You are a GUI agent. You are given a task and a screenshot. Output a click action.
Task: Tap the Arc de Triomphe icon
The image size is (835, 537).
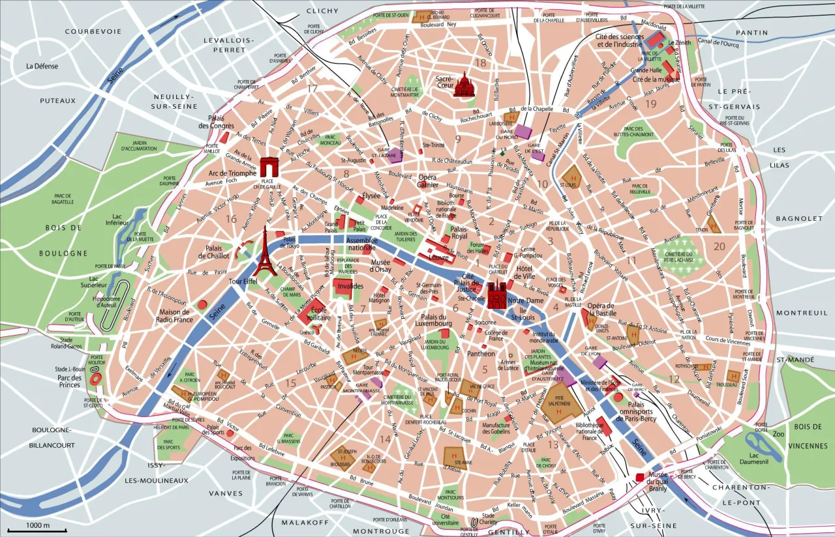click(269, 167)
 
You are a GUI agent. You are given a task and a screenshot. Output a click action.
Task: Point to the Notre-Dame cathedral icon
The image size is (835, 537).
click(497, 295)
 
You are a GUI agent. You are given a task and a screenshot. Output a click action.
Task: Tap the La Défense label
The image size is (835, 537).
click(42, 66)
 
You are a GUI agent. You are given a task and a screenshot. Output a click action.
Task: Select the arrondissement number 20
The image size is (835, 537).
click(719, 246)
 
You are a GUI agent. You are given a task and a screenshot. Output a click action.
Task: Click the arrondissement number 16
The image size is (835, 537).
click(232, 219)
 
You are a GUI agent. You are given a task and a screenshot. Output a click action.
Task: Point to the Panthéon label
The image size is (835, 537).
click(482, 354)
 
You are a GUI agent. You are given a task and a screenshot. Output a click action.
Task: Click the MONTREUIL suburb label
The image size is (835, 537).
click(792, 313)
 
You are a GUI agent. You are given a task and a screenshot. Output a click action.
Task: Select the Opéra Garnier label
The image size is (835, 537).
click(427, 181)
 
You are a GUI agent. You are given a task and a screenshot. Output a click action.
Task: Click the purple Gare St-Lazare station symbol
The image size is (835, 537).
click(395, 154)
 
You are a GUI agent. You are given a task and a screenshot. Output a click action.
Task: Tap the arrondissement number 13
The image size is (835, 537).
click(553, 444)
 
